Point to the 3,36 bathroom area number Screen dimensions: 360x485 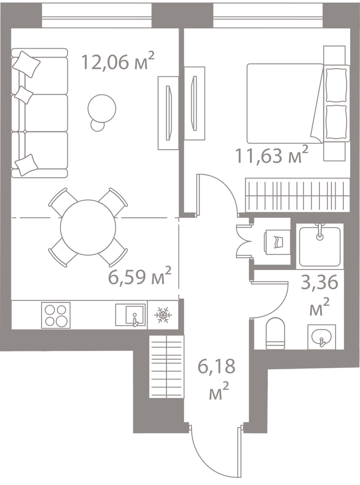(319, 282)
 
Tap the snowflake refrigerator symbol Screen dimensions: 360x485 (163, 315)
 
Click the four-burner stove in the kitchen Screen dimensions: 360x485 (56, 315)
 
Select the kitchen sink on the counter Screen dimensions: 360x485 (131, 315)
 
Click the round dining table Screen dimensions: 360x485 (88, 227)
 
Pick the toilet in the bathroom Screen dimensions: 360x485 (275, 333)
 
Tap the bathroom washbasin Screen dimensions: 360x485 (322, 337)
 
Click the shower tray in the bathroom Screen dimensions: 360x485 (320, 246)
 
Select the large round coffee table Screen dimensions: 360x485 (102, 108)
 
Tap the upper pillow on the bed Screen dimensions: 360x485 (336, 85)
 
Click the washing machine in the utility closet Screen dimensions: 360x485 (277, 242)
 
